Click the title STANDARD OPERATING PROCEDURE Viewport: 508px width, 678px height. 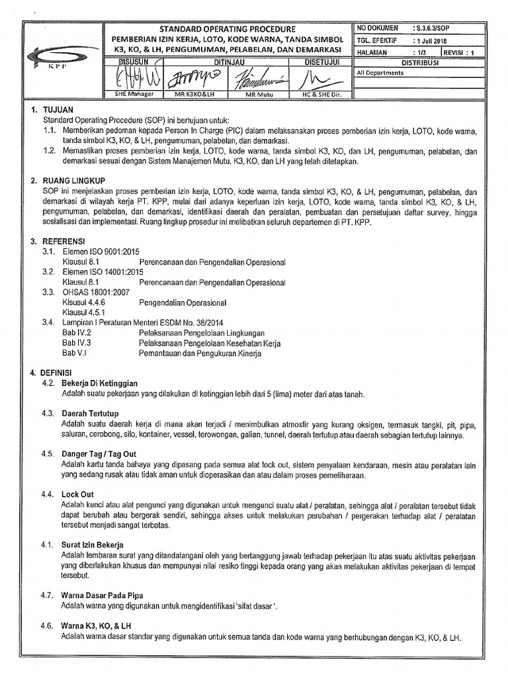[x=228, y=30]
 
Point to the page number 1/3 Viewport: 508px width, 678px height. [x=418, y=51]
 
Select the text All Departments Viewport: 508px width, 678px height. [x=380, y=73]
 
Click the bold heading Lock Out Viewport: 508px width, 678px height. [x=77, y=494]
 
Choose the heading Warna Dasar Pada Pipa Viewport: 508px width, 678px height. [x=102, y=596]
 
